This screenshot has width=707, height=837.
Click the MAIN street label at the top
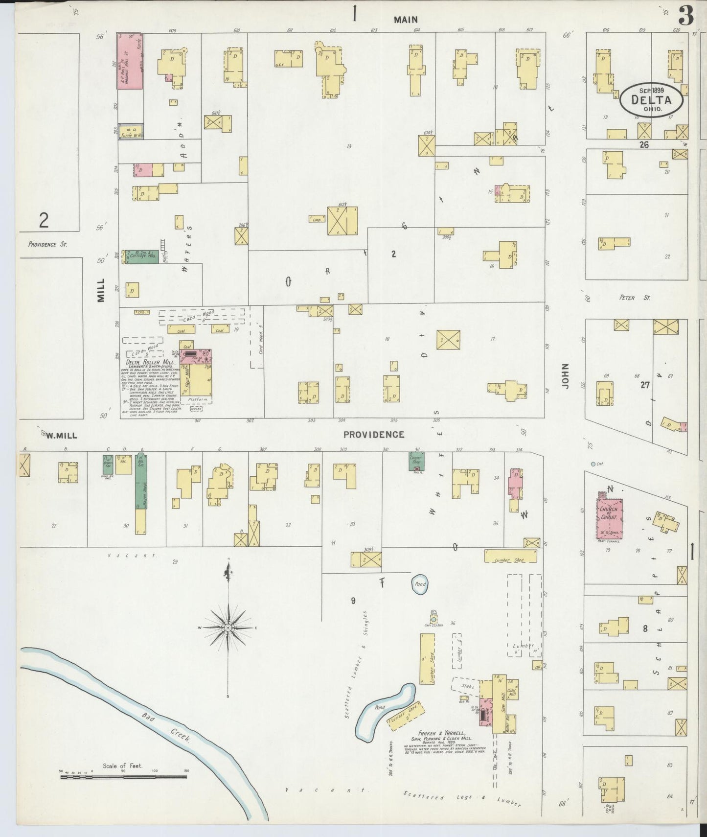(x=406, y=20)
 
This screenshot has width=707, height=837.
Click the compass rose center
(x=228, y=628)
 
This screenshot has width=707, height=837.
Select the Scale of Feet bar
(x=124, y=777)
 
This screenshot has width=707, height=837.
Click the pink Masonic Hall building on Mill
(x=129, y=61)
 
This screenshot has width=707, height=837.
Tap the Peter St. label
(x=634, y=298)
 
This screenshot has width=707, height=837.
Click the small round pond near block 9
(x=420, y=584)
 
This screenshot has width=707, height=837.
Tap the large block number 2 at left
(x=44, y=221)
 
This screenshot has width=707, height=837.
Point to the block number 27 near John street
(x=645, y=385)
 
